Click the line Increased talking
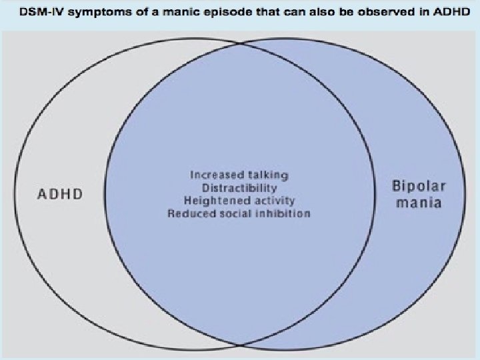pos(239,175)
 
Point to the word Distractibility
pos(239,187)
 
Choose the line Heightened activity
pos(239,200)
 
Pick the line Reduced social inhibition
pos(239,213)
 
